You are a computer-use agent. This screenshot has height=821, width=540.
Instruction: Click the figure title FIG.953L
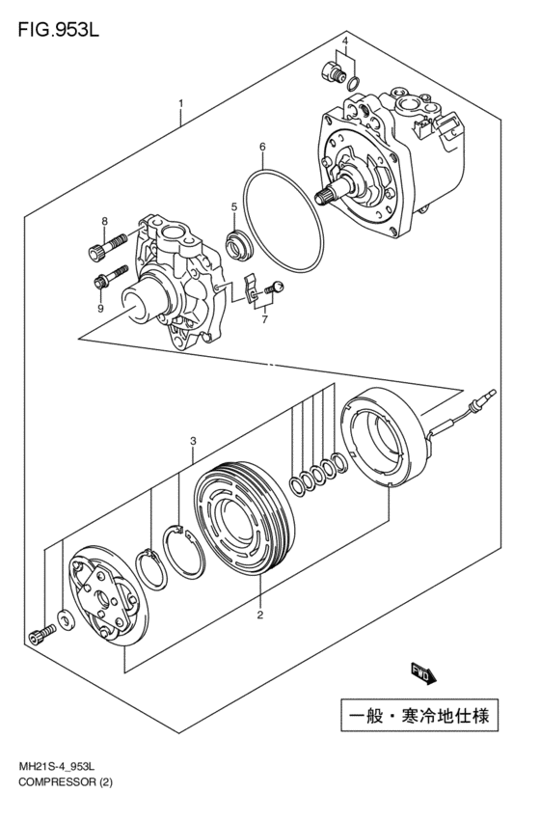click(x=58, y=30)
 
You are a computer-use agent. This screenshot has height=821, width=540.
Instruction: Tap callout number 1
click(x=180, y=103)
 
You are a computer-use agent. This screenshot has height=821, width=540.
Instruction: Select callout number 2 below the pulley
click(x=259, y=615)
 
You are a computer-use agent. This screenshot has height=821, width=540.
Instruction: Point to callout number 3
click(x=193, y=441)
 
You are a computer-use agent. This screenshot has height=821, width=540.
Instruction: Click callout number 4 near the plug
click(x=345, y=41)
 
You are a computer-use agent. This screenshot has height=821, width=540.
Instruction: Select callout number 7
click(x=264, y=318)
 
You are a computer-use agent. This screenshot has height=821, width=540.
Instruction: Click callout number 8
click(x=104, y=221)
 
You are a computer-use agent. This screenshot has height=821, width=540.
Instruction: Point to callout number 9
click(x=100, y=308)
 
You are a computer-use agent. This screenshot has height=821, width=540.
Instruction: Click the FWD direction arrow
click(x=422, y=673)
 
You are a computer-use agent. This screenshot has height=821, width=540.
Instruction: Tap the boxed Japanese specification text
click(x=419, y=715)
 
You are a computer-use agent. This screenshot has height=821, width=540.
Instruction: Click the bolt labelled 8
click(x=107, y=247)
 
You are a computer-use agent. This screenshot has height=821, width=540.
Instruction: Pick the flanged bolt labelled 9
click(x=110, y=277)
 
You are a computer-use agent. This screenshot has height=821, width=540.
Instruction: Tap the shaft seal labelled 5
click(x=237, y=245)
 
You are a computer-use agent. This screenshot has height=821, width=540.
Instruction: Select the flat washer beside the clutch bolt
click(x=66, y=620)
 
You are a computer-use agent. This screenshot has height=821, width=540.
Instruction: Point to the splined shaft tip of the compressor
click(x=323, y=197)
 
